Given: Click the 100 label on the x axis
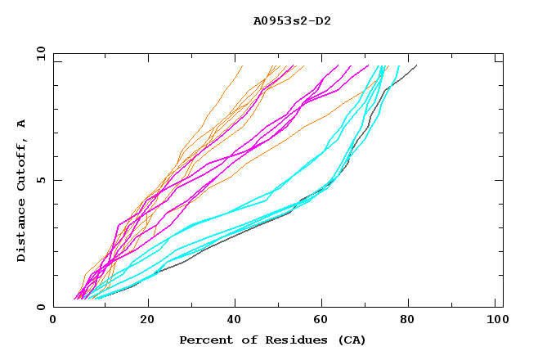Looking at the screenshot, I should click(x=497, y=320).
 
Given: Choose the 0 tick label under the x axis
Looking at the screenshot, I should click(x=54, y=320).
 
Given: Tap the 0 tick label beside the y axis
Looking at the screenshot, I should click(x=42, y=307).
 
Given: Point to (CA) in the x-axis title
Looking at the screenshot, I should click(x=349, y=340).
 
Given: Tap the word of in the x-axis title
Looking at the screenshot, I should click(x=244, y=340).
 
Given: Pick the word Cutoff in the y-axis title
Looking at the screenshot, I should click(x=21, y=160).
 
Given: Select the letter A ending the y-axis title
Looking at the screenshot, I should click(x=21, y=123).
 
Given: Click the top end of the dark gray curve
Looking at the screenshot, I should click(x=417, y=65).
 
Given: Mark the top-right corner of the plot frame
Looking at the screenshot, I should click(x=503, y=53).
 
